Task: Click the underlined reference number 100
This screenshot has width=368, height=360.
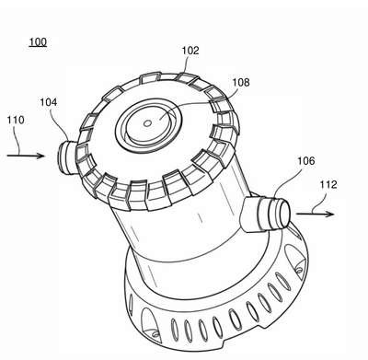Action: pos(38,41)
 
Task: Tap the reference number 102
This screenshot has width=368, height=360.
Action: pos(190,51)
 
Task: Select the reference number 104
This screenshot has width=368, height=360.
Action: pos(49,102)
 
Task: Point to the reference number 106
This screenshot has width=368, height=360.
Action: pos(306,160)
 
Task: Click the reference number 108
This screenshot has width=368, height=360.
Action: pos(241,82)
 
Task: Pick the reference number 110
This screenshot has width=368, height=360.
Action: pos(16,120)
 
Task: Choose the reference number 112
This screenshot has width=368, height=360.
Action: pos(328,184)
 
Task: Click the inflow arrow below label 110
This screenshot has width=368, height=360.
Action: pos(26,156)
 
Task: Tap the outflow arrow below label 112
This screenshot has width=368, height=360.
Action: pos(315,214)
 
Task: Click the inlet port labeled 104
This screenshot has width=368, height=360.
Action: pos(66,157)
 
